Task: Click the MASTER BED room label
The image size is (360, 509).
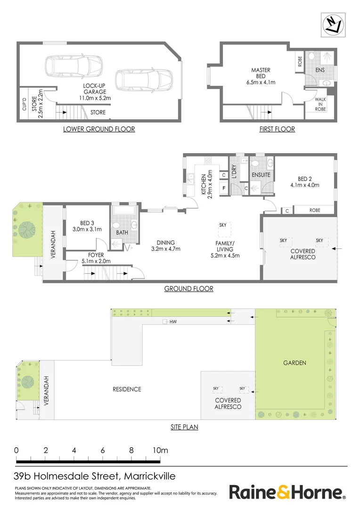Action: [x=260, y=76]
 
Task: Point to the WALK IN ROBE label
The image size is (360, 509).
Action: [x=320, y=104]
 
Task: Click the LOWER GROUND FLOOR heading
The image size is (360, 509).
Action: [x=99, y=129]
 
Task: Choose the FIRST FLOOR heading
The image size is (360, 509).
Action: [x=277, y=129]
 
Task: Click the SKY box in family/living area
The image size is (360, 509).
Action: [x=223, y=225]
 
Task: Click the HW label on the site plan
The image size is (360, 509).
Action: [x=172, y=322]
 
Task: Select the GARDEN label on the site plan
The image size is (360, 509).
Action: [x=295, y=363]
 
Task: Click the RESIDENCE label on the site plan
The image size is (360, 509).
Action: [x=127, y=389]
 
